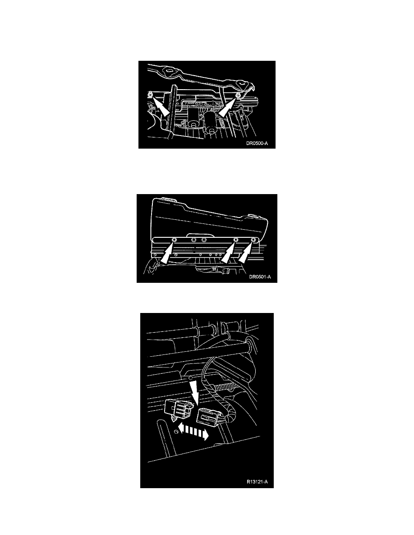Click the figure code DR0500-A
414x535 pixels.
(x=257, y=143)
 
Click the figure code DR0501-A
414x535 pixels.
(x=260, y=277)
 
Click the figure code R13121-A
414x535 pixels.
(x=257, y=482)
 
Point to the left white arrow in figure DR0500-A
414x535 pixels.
(x=160, y=107)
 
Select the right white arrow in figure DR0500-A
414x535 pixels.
(x=227, y=107)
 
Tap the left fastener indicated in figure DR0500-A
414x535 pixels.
(x=150, y=94)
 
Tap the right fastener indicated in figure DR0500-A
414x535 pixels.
(x=238, y=94)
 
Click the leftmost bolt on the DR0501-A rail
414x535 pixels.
(x=174, y=240)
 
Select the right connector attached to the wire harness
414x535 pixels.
(x=210, y=416)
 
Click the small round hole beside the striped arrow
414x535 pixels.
(x=175, y=432)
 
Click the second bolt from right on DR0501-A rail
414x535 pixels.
(x=235, y=240)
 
